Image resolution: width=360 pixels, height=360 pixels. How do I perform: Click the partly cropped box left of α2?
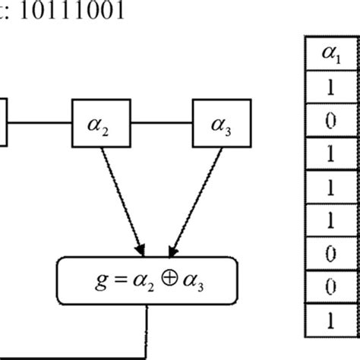[3, 122]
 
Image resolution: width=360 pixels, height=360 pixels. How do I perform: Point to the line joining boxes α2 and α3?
[162, 122]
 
